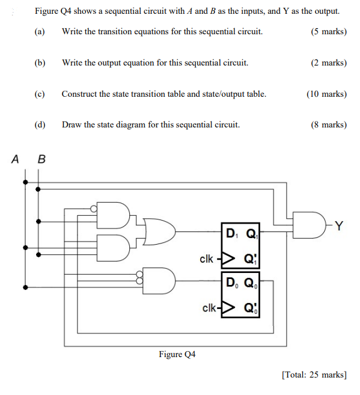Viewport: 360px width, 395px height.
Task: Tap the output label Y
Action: click(339, 225)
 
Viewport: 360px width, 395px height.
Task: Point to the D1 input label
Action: click(230, 233)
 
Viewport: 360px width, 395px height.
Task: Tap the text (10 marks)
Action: click(326, 94)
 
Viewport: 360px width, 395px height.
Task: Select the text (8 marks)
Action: click(328, 125)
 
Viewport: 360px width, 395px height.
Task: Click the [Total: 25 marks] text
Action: click(314, 375)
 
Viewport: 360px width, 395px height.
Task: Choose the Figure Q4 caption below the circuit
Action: click(177, 354)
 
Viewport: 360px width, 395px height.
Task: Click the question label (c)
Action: click(40, 94)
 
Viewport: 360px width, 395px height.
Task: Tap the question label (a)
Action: click(40, 31)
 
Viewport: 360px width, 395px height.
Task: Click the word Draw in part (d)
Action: click(71, 125)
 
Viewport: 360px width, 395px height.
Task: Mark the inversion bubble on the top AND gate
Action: click(93, 209)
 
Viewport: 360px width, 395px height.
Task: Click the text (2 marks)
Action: click(328, 63)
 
